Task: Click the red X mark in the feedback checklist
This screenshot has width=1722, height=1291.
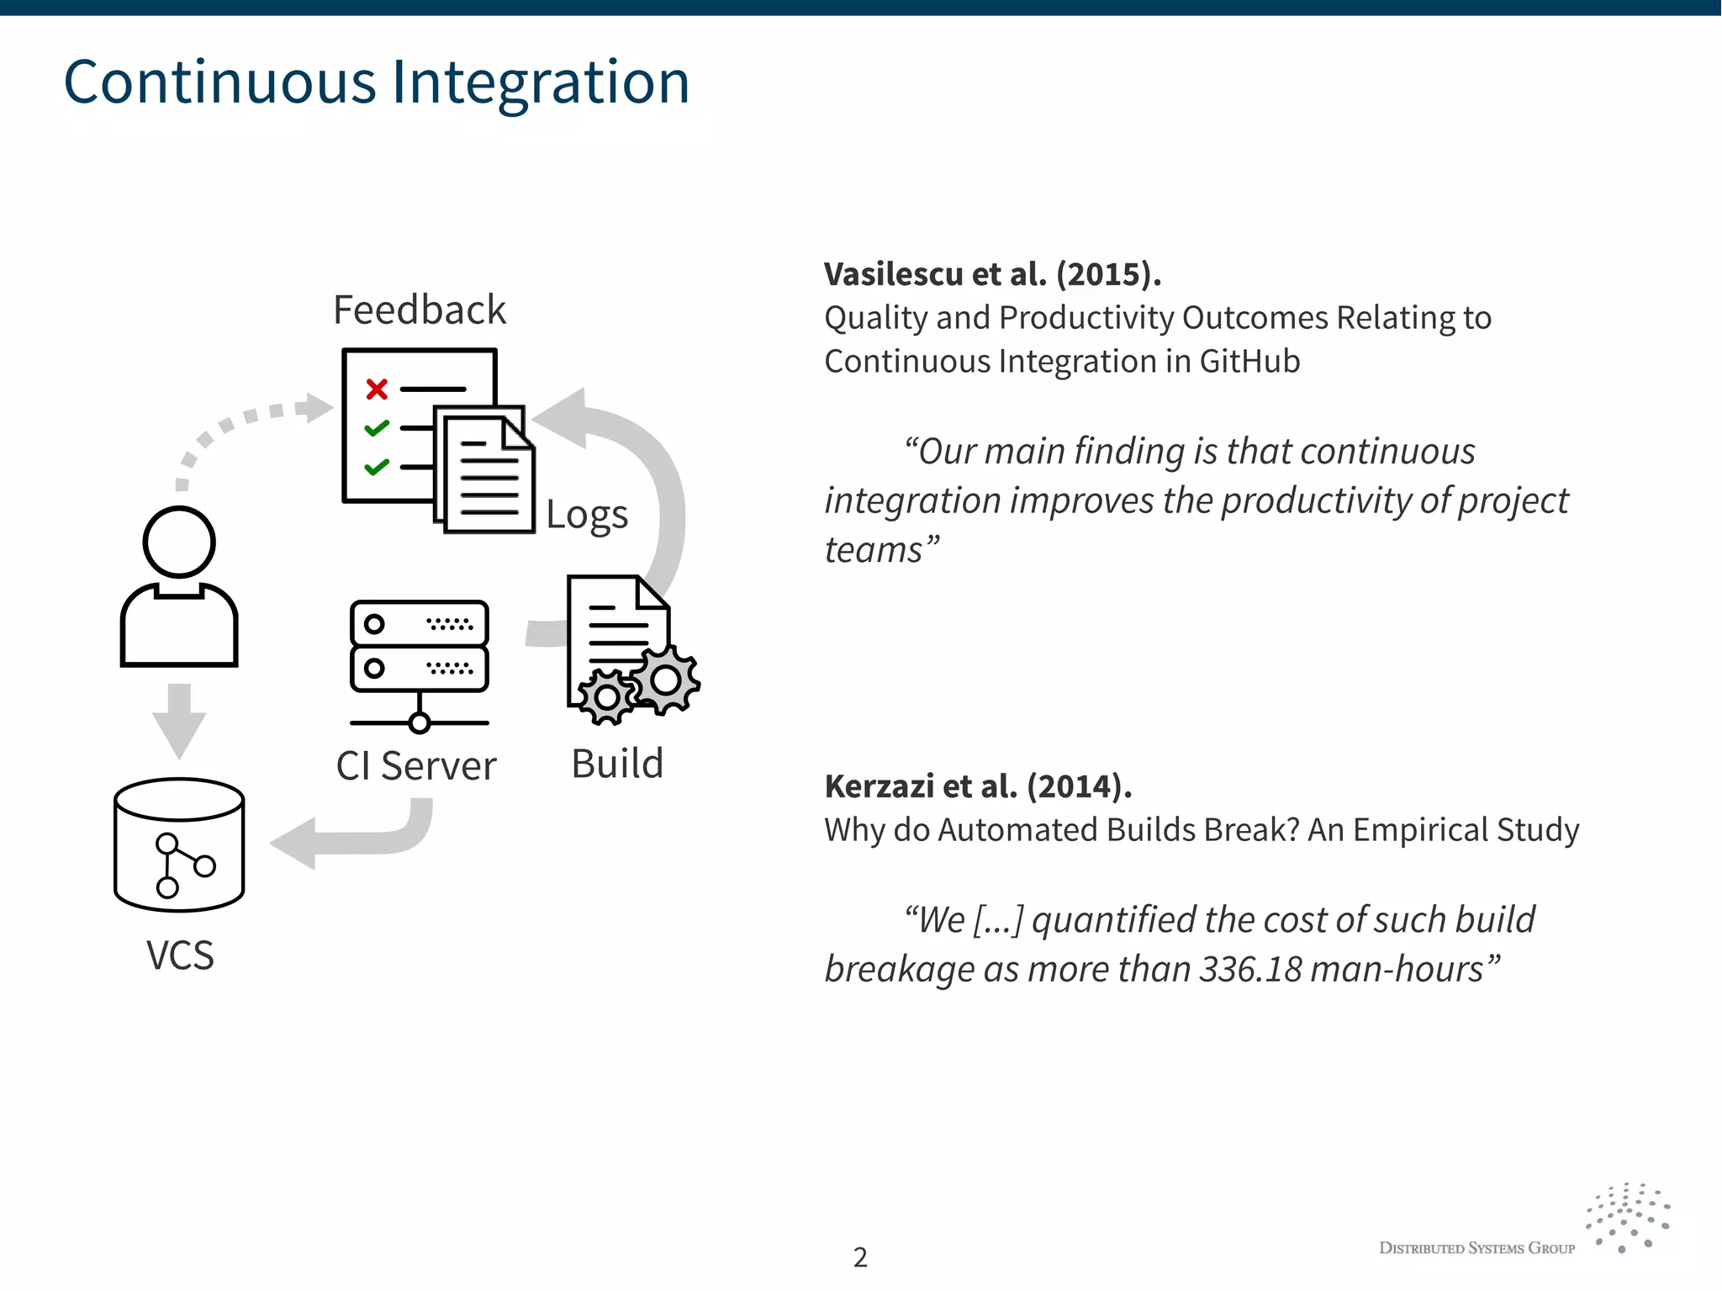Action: coord(377,389)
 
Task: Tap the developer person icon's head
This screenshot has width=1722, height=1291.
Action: coord(179,542)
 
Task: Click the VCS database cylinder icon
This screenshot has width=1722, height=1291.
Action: coord(179,844)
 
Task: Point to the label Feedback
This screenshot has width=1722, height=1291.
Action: coord(420,310)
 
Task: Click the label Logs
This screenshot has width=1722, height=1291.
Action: coord(587,515)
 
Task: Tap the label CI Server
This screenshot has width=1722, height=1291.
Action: coord(416,766)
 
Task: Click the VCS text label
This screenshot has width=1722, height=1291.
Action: coord(180,955)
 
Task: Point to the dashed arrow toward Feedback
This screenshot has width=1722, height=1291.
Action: coord(244,421)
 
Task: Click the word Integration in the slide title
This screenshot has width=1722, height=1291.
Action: coord(541,82)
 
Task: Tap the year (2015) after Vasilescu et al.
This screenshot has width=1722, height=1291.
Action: coord(1109,274)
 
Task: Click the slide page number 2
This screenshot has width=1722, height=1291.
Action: coord(860,1257)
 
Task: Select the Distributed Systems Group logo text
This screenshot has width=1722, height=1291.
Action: coord(1476,1249)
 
